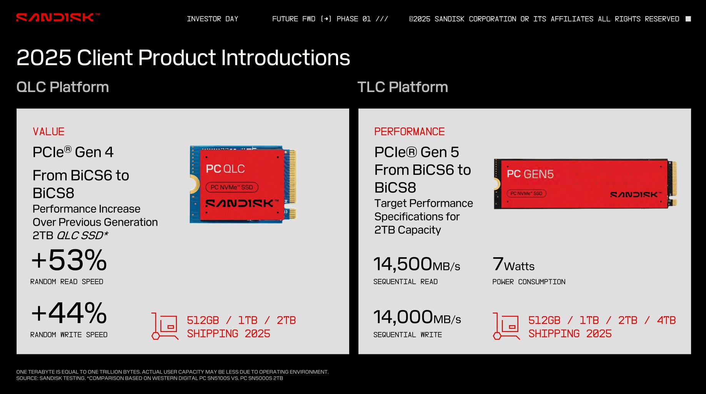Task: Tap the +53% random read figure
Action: [69, 260]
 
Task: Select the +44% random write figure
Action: [69, 313]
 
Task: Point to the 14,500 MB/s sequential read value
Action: [416, 265]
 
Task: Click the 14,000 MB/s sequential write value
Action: [417, 318]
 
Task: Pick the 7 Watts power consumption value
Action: [513, 265]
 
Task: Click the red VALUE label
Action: [48, 132]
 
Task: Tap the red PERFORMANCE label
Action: [409, 132]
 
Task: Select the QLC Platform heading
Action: [63, 87]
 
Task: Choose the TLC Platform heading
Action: [403, 87]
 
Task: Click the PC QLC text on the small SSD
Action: [225, 169]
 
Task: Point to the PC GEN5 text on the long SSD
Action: [530, 174]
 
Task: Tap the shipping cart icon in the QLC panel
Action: [165, 326]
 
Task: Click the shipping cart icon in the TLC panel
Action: [506, 326]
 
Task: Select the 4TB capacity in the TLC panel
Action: [666, 320]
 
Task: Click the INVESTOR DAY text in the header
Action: [212, 19]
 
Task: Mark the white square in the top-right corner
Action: [688, 19]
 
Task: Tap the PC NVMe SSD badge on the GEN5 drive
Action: [526, 193]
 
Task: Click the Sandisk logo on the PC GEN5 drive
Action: [635, 195]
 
